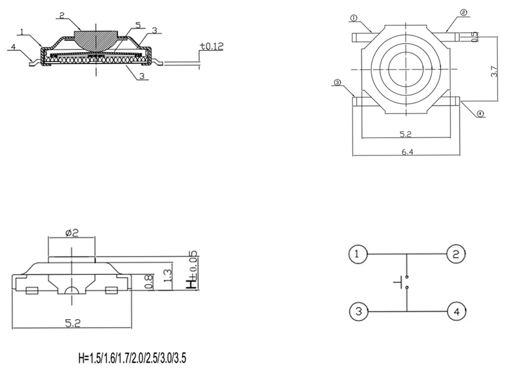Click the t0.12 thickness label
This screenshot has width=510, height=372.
212,46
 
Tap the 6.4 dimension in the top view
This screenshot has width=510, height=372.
407,152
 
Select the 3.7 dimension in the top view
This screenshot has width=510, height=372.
494,72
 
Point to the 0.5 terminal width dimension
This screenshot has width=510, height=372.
475,36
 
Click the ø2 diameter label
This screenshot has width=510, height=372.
72,233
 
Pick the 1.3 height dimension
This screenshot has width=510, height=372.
169,275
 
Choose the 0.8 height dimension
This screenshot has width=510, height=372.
148,282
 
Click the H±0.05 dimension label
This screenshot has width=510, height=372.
192,269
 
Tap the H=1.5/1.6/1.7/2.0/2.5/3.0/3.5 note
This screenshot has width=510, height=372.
132,358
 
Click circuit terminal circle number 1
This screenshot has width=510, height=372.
358,253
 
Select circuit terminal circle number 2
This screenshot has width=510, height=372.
456,253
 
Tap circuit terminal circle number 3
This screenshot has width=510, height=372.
359,311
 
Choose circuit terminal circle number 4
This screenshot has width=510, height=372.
456,312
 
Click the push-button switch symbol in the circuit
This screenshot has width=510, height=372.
402,282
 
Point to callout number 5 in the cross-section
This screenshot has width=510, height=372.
138,25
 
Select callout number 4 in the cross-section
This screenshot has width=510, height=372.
13,47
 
